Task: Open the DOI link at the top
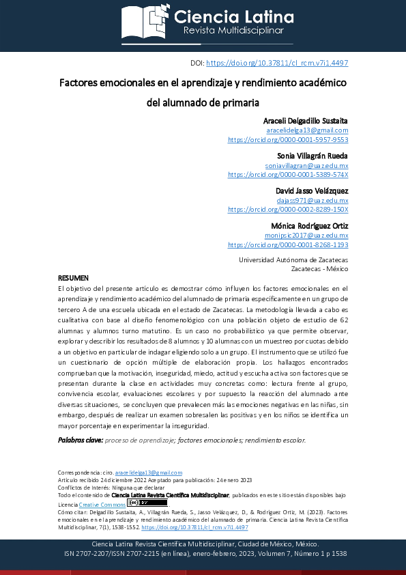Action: click(x=277, y=63)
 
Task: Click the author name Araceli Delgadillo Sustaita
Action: click(x=300, y=120)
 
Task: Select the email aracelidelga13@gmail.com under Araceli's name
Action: click(x=307, y=130)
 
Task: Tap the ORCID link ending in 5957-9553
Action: click(x=288, y=139)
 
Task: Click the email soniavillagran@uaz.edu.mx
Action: click(x=306, y=165)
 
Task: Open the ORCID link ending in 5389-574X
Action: click(x=288, y=174)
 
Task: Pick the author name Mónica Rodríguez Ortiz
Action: click(x=309, y=226)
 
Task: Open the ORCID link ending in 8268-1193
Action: click(x=288, y=244)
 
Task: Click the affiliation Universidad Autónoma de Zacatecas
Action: click(x=293, y=260)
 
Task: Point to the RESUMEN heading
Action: click(x=73, y=279)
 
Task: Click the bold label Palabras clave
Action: click(x=81, y=440)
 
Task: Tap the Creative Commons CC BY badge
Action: click(x=138, y=503)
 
